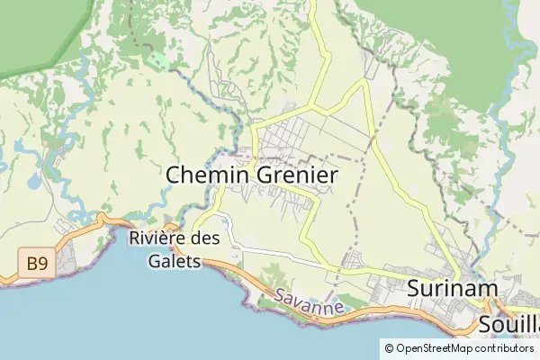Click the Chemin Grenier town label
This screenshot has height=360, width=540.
coord(252,175)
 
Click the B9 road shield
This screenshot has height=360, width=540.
coord(37,264)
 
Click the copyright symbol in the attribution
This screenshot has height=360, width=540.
coord(389,347)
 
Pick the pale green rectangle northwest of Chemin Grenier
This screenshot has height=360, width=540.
coord(158,60)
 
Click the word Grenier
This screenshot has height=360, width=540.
coord(296,175)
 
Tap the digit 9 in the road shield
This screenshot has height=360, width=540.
coord(42,264)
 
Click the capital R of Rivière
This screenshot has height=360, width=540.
coord(136,239)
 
